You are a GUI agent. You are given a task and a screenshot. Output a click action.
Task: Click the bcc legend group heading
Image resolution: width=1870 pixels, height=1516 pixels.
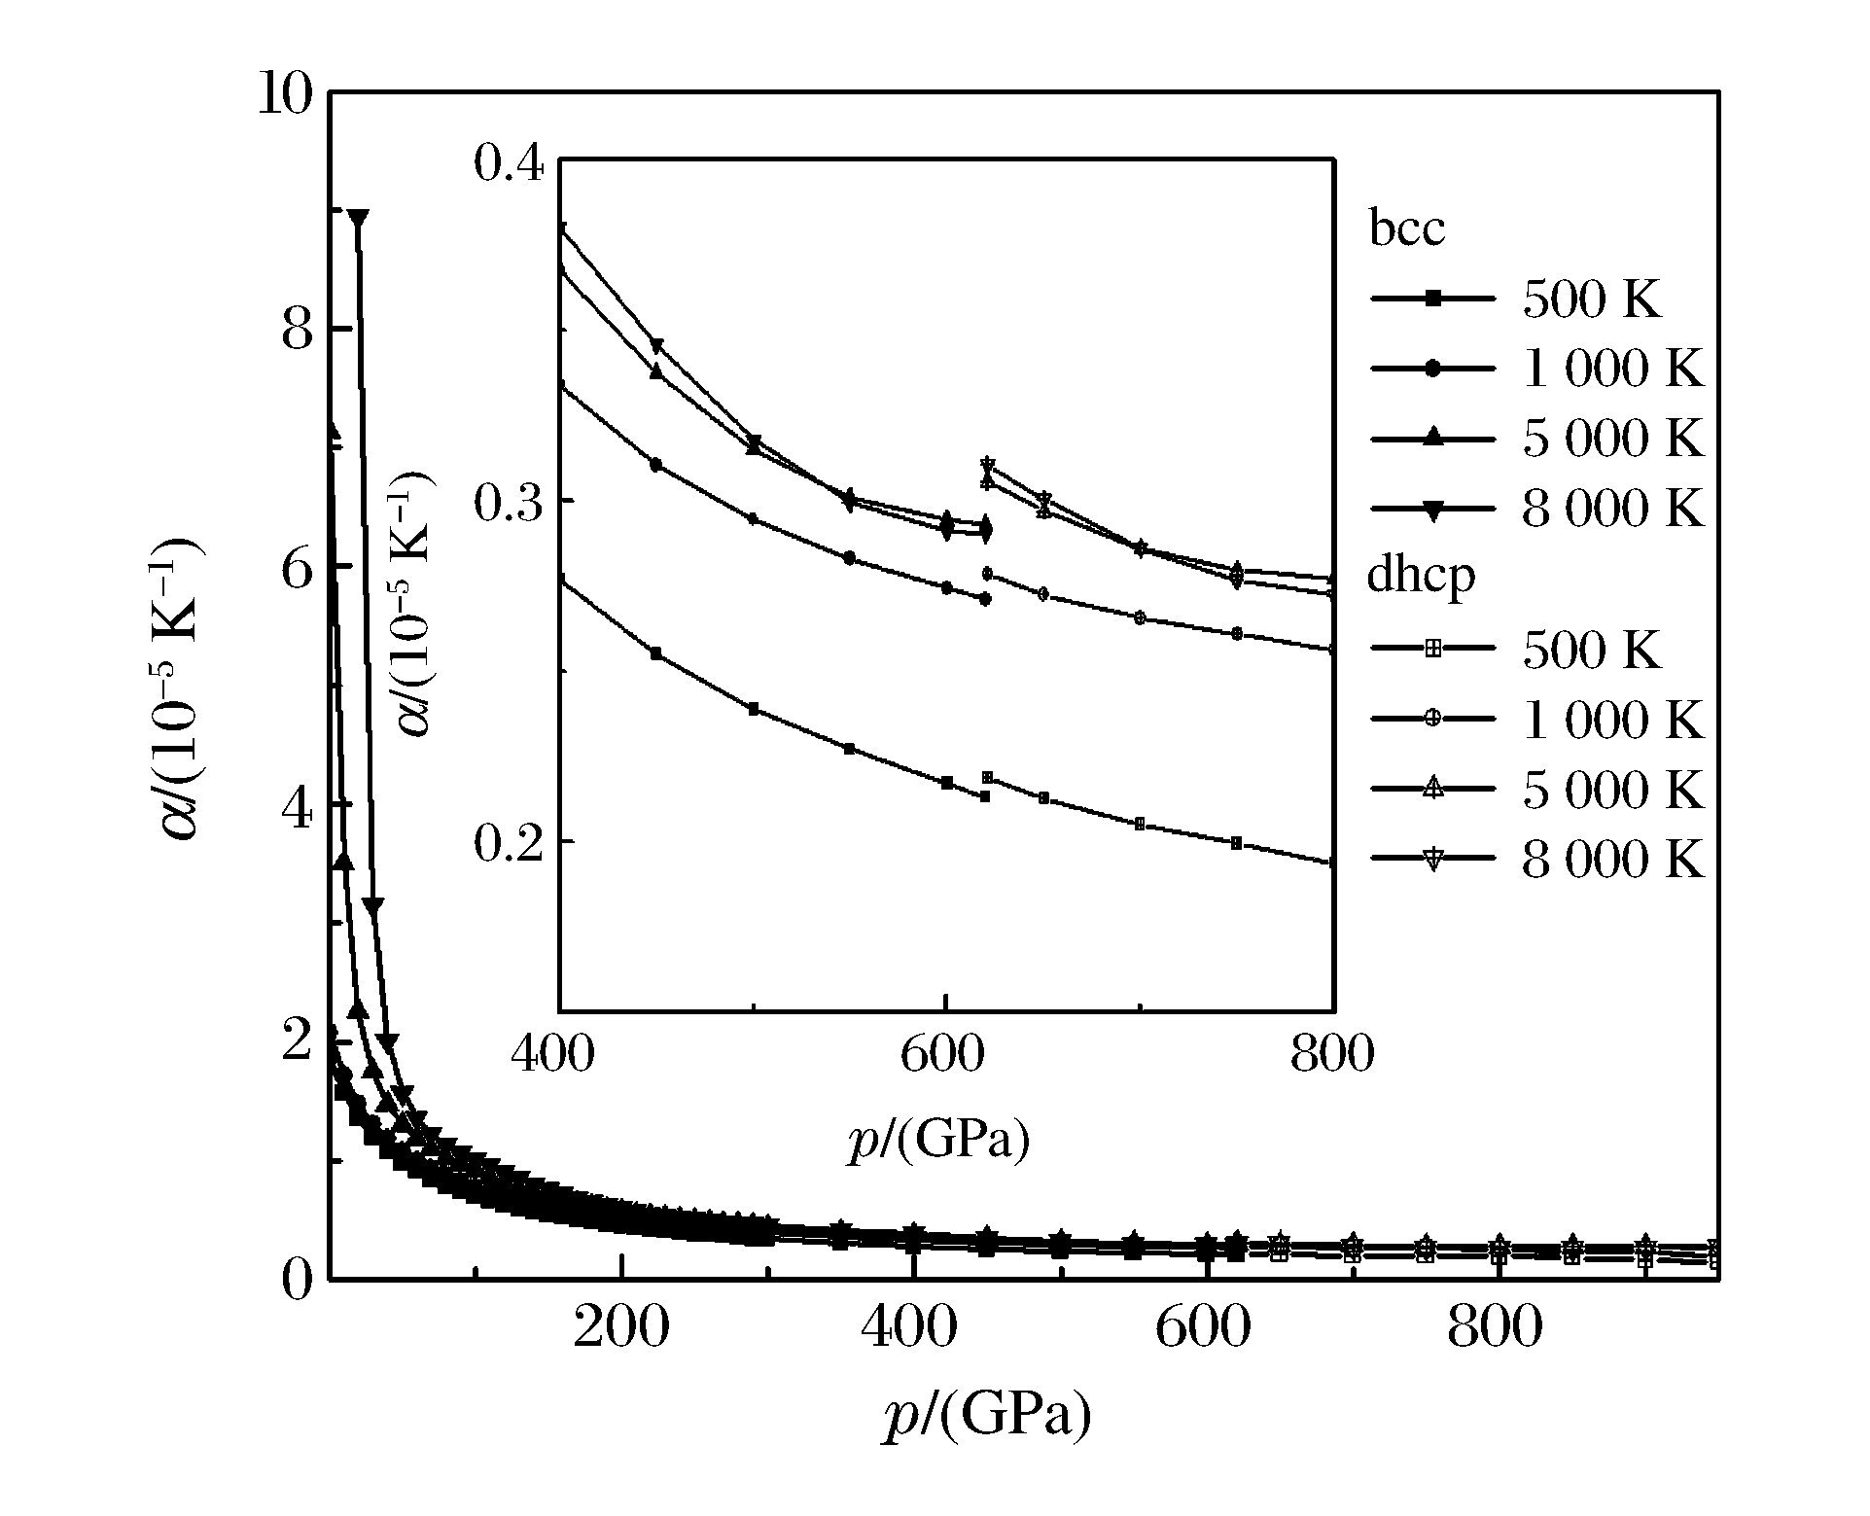pos(1406,229)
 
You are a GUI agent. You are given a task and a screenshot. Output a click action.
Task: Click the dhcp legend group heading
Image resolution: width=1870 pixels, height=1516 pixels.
pos(1421,578)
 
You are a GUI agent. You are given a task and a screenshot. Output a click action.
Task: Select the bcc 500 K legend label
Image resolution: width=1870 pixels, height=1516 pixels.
pos(1592,300)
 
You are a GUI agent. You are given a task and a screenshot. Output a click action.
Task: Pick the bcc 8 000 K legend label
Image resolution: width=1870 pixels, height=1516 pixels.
pos(1612,509)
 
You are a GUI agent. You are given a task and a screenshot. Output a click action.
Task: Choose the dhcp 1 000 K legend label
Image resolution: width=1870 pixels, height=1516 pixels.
pos(1612,721)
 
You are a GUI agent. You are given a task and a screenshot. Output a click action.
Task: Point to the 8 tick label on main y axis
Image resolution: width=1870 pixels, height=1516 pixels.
pos(297,331)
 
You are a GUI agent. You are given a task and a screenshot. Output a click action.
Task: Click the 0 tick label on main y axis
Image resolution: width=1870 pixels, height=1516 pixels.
pos(297,1278)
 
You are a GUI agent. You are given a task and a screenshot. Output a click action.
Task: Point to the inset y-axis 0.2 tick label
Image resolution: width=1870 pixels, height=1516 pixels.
pos(508,842)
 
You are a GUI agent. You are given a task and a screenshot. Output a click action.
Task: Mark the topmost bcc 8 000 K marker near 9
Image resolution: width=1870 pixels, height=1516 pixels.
pos(358,217)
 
